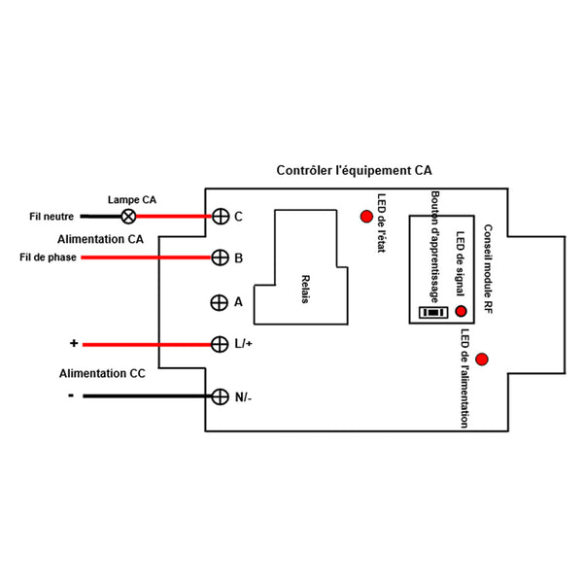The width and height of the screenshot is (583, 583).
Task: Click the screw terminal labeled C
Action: point(221,217)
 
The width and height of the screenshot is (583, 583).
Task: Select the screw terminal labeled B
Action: point(221,257)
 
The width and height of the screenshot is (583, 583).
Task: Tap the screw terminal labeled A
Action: point(219,302)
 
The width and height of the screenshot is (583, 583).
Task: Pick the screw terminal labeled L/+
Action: point(220,344)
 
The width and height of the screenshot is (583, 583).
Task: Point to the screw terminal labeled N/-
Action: point(221,396)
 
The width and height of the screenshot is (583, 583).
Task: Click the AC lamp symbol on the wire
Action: point(128,217)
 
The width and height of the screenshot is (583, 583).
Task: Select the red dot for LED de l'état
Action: point(366,217)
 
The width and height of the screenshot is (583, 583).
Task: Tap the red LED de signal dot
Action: point(461,311)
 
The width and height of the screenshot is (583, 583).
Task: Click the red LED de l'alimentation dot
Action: point(482,360)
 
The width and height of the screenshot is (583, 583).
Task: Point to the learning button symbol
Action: point(433,312)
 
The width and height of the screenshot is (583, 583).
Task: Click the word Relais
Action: point(305,289)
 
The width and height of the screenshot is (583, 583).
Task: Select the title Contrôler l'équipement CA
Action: point(354,170)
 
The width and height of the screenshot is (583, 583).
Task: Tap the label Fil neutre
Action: point(51,217)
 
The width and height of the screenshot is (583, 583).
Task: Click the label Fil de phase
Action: point(48,257)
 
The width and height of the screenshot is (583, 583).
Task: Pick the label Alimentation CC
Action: point(102,373)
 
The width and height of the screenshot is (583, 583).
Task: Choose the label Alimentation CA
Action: point(100,239)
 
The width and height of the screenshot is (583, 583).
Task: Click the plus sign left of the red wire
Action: point(74,343)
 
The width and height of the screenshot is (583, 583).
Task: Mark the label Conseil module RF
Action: point(488,269)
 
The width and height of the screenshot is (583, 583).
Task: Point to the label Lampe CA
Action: point(132,199)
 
